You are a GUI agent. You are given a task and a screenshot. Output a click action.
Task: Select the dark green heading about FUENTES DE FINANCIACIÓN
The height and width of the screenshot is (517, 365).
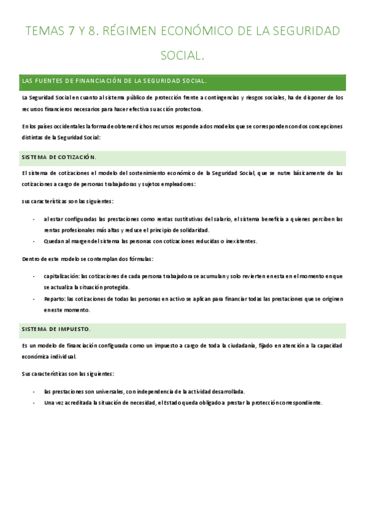coord(114,80)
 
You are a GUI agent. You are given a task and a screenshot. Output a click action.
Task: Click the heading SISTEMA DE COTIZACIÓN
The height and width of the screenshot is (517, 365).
coord(58,157)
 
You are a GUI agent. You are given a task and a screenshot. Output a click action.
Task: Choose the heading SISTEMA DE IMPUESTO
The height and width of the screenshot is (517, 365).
coord(55,329)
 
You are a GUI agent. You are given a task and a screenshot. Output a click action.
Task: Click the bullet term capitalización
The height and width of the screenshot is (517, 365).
coord(61,276)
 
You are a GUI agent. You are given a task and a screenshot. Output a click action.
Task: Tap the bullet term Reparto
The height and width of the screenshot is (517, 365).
coord(54,299)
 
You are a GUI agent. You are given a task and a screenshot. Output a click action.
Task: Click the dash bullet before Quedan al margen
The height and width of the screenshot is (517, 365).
coord(34,241)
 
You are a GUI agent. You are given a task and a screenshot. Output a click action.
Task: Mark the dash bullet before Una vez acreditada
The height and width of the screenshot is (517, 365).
coord(34,402)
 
